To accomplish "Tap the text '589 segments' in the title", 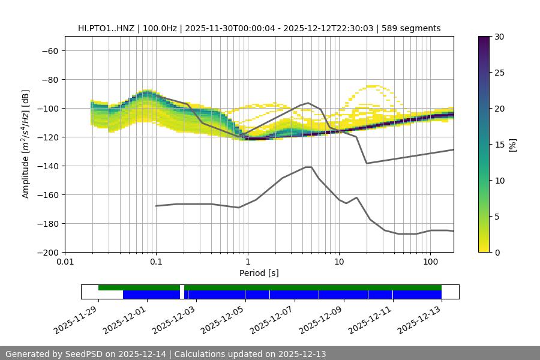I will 415,28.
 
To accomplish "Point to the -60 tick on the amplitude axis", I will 50,50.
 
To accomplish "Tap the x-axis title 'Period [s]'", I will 259,273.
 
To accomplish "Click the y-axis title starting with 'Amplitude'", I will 26,144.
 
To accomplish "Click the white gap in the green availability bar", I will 182,288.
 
